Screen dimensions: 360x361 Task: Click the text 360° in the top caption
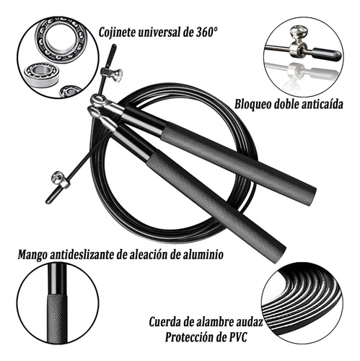[x=205, y=32]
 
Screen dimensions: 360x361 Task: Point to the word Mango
[x=32, y=255]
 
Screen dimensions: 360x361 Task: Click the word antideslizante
[x=82, y=254]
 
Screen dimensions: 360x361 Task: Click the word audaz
[x=250, y=322]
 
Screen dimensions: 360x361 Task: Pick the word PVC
[x=237, y=337]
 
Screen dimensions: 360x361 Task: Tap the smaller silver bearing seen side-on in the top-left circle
[x=42, y=75]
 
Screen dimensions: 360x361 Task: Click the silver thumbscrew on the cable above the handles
[x=113, y=74]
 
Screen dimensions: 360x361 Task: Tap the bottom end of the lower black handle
[x=280, y=256]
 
